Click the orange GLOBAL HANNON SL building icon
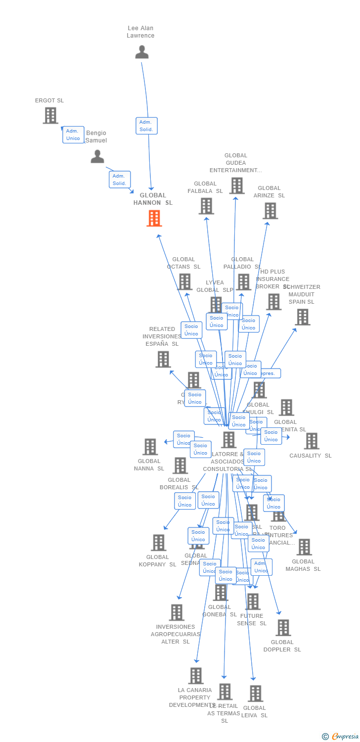coord(154,218)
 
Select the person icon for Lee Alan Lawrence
coord(142,52)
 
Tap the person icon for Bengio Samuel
coord(97,156)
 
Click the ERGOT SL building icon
coord(50,115)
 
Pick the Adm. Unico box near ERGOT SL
coord(73,135)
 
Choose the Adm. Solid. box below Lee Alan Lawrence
coord(146,126)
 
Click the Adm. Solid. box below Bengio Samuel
coord(120,180)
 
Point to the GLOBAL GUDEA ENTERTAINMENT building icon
coord(237,185)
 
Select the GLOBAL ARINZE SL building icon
coord(270,211)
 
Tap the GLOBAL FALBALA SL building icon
coord(206,206)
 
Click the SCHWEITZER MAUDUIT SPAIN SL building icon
coord(303,317)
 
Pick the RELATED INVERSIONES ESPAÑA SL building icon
coord(163,359)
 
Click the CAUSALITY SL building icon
coord(312,441)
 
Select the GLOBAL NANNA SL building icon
coord(150,447)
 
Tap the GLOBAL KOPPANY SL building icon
coord(158,543)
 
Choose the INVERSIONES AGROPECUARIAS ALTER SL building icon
coord(177,612)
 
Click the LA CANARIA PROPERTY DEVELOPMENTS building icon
coord(196,676)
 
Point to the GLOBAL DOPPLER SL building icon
coord(283,628)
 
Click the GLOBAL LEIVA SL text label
coord(255,711)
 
